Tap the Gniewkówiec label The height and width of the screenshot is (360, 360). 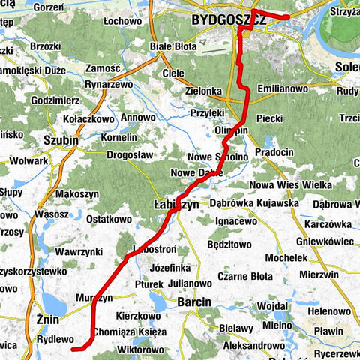click(327, 242)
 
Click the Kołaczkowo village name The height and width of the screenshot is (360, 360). click(88, 118)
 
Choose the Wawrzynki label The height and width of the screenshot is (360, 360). click(82, 252)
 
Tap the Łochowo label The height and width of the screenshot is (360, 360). click(124, 21)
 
